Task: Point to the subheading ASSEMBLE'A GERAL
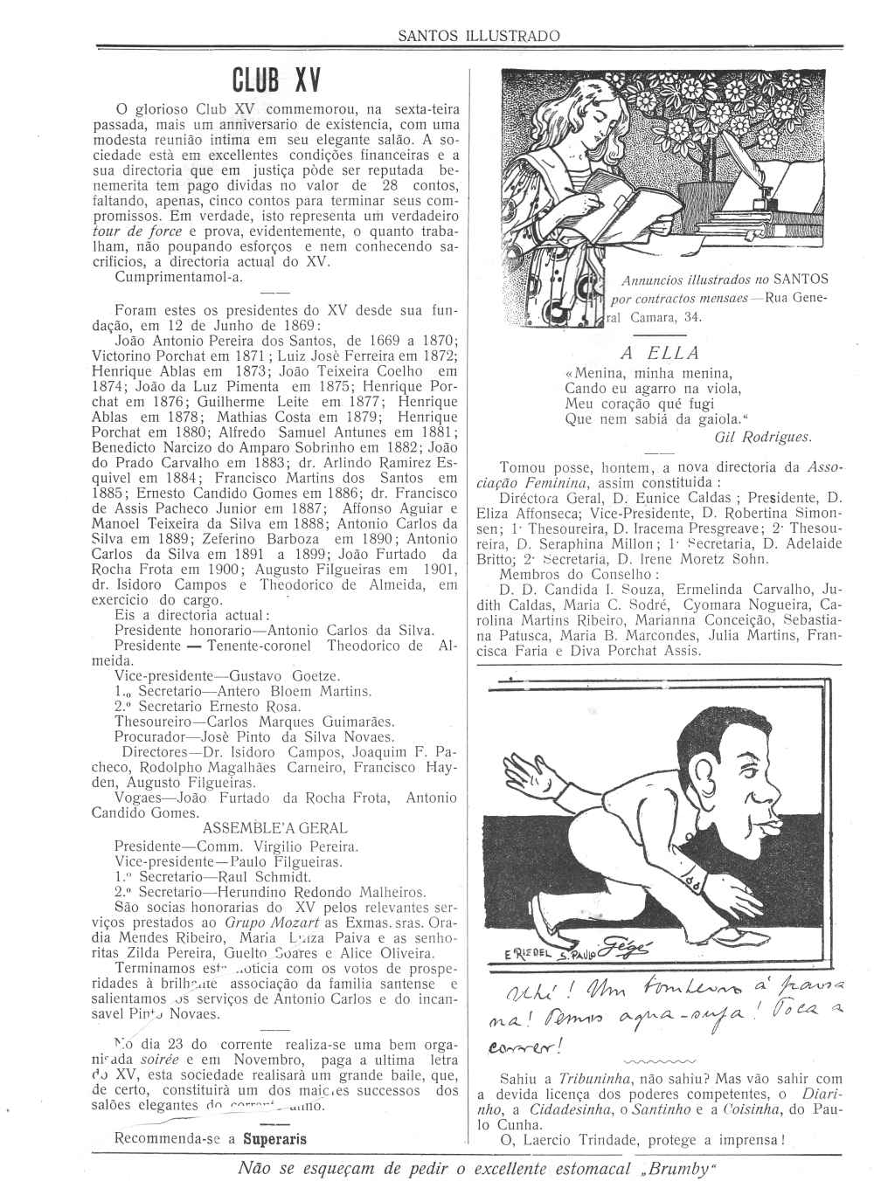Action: coord(274,828)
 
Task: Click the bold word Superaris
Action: coord(275,1139)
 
